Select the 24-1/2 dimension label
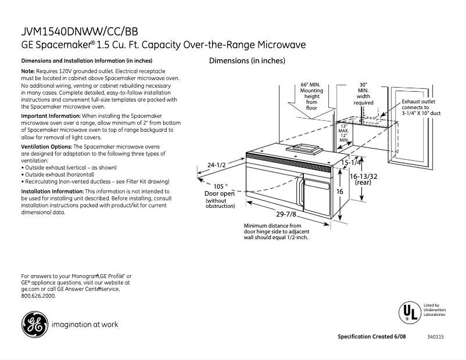tap(216, 165)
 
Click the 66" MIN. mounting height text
tap(311, 96)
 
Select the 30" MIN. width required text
tap(363, 93)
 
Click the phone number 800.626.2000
tap(38, 296)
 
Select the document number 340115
tap(435, 337)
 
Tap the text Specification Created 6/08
tap(372, 337)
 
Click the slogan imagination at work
tap(85, 325)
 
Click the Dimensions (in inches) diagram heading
tap(247, 61)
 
